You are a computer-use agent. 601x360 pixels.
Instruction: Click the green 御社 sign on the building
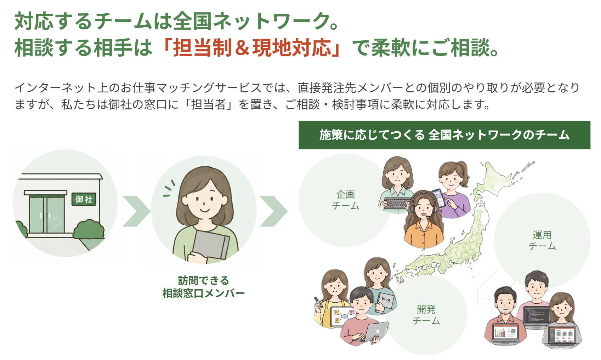pyautogui.click(x=84, y=199)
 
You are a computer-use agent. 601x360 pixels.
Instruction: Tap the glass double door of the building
pyautogui.click(x=47, y=214)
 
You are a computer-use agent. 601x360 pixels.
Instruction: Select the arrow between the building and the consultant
pyautogui.click(x=136, y=211)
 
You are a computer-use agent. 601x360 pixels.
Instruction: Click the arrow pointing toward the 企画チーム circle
pyautogui.click(x=273, y=211)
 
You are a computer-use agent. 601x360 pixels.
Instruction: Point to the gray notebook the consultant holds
pyautogui.click(x=211, y=245)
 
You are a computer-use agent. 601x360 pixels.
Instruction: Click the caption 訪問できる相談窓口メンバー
pyautogui.click(x=204, y=287)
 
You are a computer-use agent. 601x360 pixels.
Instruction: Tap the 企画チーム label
pyautogui.click(x=346, y=200)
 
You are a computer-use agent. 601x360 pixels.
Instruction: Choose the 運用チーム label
pyautogui.click(x=542, y=240)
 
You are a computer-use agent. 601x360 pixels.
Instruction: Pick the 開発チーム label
pyautogui.click(x=426, y=315)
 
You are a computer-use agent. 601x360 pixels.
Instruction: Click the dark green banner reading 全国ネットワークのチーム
pyautogui.click(x=444, y=135)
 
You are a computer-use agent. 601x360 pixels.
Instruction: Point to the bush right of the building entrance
pyautogui.click(x=89, y=230)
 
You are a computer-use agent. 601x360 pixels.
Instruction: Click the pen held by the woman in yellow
pyautogui.click(x=318, y=302)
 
